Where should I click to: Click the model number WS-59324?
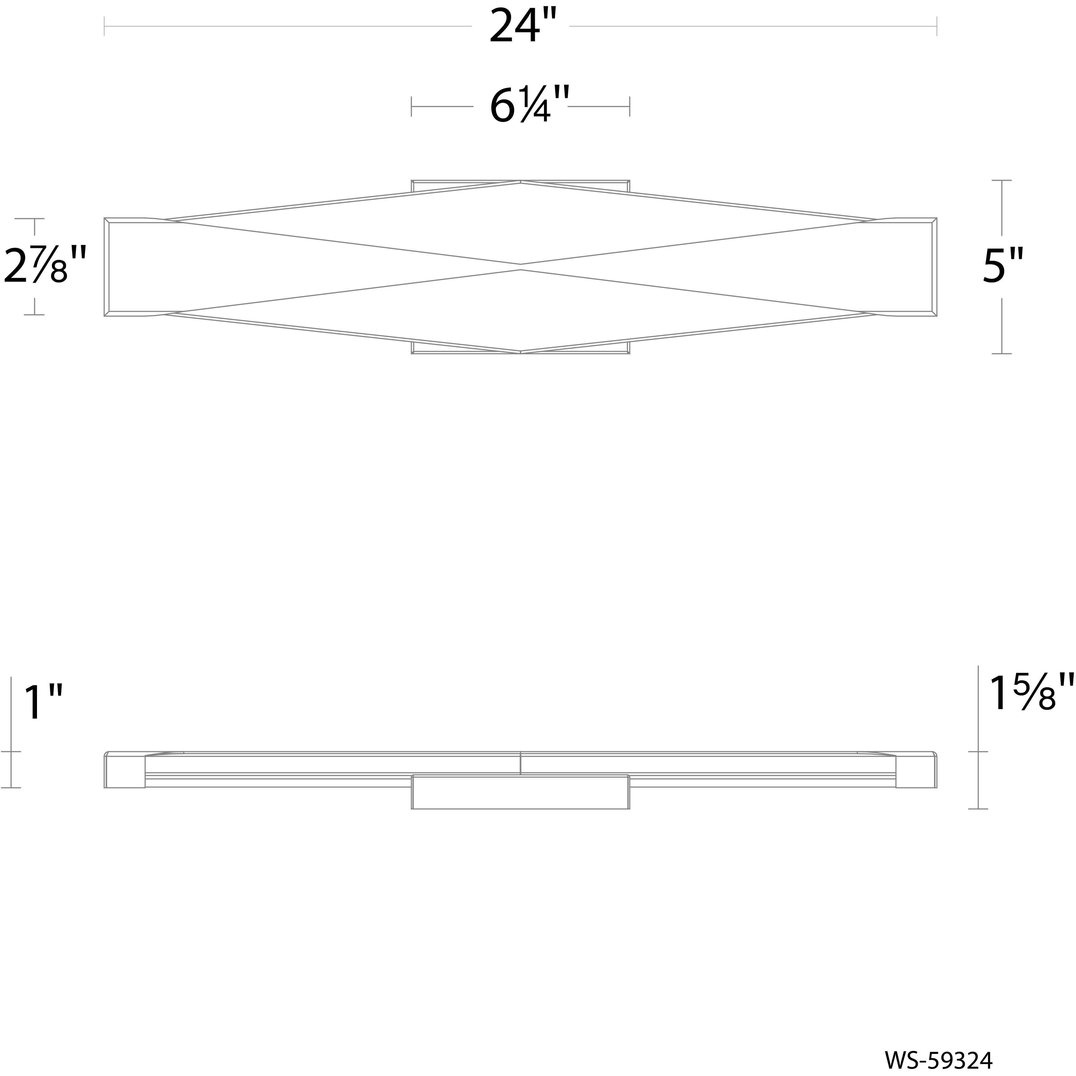click(954, 1060)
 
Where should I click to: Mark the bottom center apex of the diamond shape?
click(521, 352)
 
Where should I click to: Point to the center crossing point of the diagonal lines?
click(521, 267)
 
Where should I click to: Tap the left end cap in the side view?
click(125, 771)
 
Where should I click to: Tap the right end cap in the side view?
click(916, 771)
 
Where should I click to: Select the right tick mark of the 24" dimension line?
click(937, 26)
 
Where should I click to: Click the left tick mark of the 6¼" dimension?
click(412, 106)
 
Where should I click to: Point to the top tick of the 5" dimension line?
click(1002, 181)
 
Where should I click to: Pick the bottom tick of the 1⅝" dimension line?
click(978, 808)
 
